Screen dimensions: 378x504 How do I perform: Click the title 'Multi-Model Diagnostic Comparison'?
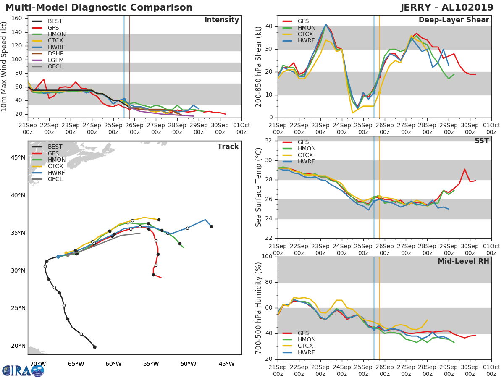click(x=99, y=8)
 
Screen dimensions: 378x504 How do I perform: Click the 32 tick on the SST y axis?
click(x=268, y=141)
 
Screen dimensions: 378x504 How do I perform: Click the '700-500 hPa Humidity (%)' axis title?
click(x=259, y=308)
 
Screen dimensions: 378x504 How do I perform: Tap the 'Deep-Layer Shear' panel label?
click(x=454, y=20)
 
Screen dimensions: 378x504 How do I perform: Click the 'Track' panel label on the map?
click(x=228, y=147)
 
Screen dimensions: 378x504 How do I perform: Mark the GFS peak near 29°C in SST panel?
click(x=465, y=169)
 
